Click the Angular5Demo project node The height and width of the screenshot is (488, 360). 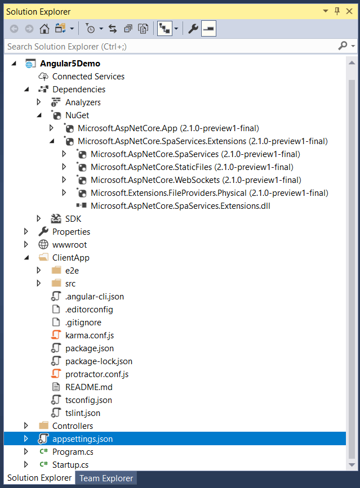coord(70,64)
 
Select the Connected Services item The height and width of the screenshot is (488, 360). coord(88,77)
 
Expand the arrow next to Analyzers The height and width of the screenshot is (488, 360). coord(39,102)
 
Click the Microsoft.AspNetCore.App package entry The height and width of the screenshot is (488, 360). coord(168,128)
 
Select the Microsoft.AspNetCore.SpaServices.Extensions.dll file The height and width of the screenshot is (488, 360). coord(180,206)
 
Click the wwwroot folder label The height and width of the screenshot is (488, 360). coord(69,245)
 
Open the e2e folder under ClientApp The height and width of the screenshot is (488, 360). coord(72,271)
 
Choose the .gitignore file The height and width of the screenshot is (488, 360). coord(83,323)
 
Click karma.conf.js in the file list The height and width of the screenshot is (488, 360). coord(89,335)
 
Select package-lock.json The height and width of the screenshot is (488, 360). coord(99,361)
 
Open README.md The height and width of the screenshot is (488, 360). coord(88,387)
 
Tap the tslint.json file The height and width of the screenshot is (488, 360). coord(82,413)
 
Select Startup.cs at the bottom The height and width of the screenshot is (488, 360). coord(70,465)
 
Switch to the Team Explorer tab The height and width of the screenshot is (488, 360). coord(106,478)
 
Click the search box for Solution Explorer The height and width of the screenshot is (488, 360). coord(169,46)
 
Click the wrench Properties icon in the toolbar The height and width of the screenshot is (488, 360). coord(193,29)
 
